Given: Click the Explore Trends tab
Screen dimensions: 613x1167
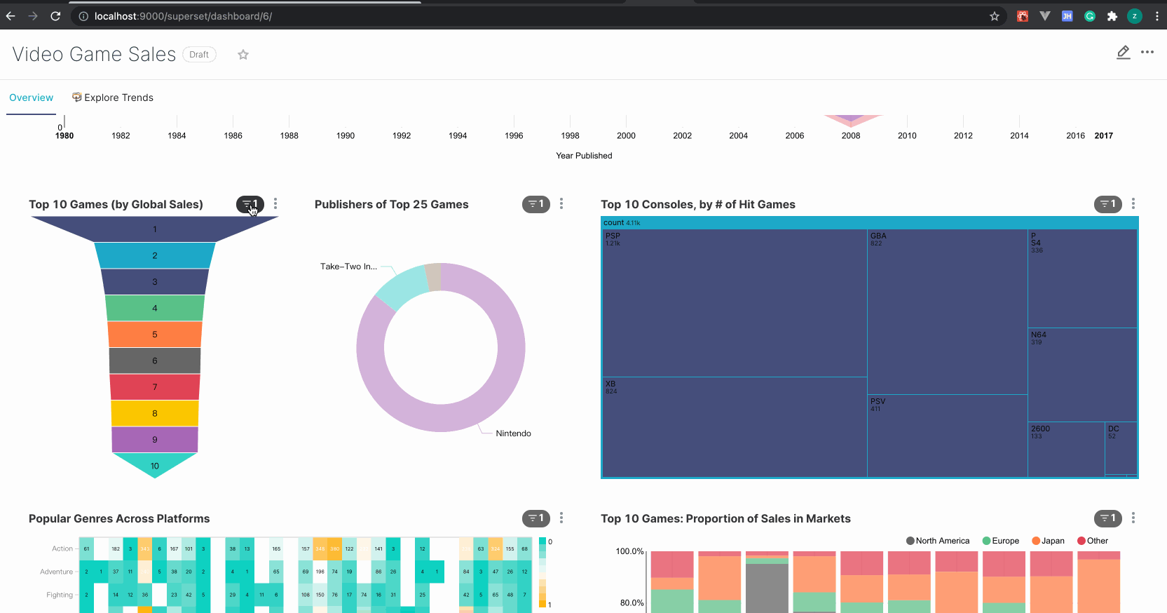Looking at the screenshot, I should [113, 97].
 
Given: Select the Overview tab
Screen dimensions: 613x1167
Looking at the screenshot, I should [31, 97].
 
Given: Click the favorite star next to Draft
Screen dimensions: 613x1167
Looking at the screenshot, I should [243, 55].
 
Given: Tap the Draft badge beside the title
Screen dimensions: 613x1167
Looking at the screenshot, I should [199, 55].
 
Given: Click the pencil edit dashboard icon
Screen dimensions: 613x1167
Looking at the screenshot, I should [1123, 53].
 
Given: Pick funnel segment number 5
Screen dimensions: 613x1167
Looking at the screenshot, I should [155, 335].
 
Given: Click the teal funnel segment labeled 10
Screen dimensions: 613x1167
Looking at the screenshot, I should [155, 465].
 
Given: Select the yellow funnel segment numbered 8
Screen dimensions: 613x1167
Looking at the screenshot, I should [155, 413].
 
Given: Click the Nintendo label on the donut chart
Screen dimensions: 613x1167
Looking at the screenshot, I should [513, 433].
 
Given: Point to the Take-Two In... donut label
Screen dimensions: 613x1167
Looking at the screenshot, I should [348, 267].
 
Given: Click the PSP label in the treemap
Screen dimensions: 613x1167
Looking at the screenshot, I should [613, 236].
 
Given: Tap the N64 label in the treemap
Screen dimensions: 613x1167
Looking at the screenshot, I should [1038, 335].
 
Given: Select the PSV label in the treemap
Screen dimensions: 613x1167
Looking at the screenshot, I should [878, 401].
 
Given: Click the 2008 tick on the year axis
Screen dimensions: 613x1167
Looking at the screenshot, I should [851, 135].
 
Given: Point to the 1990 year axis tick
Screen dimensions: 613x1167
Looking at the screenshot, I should [346, 135].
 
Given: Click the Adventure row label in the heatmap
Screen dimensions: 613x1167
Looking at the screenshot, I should [56, 572].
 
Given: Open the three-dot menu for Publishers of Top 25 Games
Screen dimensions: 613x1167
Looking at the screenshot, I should [561, 204].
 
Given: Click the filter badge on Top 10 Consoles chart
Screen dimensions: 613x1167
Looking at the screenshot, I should [1107, 204].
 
